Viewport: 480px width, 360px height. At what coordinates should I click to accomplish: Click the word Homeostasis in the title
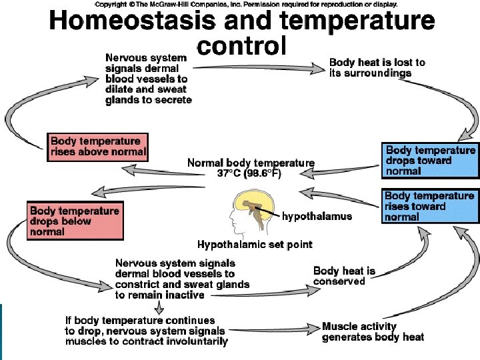132,21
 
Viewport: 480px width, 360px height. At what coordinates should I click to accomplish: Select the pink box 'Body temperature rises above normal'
97,147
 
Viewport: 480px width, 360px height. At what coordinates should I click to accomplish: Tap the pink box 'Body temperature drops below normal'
75,221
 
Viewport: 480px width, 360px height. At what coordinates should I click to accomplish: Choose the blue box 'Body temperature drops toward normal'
430,161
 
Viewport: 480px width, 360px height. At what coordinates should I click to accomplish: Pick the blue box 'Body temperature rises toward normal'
430,206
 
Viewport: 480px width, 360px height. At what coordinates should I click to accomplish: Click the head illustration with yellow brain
252,213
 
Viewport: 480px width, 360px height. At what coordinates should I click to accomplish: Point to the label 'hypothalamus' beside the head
317,217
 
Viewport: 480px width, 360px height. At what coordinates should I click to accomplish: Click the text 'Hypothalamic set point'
255,244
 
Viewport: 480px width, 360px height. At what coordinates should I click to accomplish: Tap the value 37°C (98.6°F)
249,173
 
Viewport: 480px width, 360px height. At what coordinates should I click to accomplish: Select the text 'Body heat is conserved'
344,276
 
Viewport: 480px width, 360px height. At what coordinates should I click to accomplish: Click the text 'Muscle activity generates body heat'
373,332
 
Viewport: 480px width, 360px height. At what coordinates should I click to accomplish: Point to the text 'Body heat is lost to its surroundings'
377,67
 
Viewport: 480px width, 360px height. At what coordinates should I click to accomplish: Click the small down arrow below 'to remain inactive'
159,307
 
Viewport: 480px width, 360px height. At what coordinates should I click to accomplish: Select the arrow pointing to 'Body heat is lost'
259,68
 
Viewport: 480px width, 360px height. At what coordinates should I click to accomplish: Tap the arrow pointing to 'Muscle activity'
275,330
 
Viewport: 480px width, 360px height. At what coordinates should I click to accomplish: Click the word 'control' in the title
242,45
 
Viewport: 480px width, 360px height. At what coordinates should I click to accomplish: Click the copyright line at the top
246,4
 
